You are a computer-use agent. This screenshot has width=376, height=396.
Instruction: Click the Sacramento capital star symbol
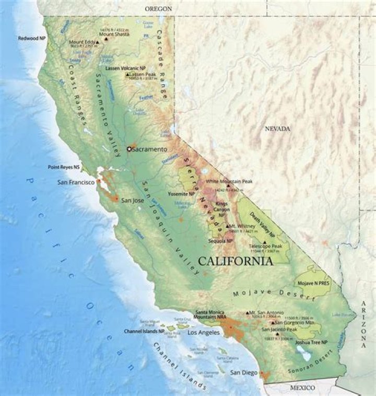(x=130, y=149)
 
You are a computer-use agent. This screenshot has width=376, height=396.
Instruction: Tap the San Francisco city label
(x=76, y=182)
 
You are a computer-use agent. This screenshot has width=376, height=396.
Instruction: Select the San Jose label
(x=133, y=200)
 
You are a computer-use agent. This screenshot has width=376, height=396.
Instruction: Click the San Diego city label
(x=244, y=372)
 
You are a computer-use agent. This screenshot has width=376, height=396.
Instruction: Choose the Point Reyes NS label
(x=64, y=167)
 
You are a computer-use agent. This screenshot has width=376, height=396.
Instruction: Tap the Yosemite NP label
(x=181, y=193)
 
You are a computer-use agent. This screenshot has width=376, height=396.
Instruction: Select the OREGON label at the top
(x=159, y=9)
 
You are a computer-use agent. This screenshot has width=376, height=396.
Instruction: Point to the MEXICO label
(x=303, y=388)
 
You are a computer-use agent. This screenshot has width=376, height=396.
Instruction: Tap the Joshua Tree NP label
(x=311, y=342)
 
